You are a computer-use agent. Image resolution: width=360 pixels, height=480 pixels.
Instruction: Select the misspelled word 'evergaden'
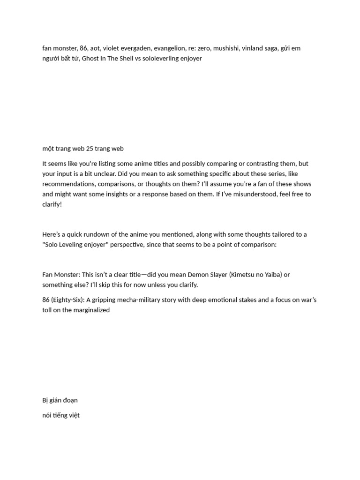[x=138, y=48]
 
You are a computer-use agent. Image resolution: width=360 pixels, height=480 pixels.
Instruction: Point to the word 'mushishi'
[x=225, y=48]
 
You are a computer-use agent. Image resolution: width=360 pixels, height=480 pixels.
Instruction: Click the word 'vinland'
[x=252, y=48]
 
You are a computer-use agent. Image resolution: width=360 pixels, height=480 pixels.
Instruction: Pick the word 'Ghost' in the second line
[x=90, y=58]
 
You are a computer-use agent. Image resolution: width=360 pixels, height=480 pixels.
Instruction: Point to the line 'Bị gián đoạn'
[x=60, y=400]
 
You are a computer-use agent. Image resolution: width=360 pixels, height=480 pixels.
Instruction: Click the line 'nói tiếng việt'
[x=61, y=415]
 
